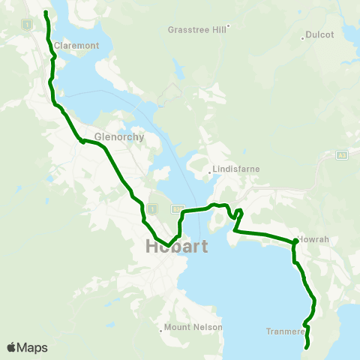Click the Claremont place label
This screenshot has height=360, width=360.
(x=76, y=46)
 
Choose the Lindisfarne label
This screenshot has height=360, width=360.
(x=236, y=169)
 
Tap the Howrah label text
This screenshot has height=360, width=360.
(x=313, y=239)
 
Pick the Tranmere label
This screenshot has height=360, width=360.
(x=284, y=331)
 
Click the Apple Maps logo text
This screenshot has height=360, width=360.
(x=27, y=347)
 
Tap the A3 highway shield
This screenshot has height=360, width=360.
(x=342, y=155)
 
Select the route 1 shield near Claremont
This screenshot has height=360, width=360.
(x=27, y=25)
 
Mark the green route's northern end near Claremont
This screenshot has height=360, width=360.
(x=46, y=13)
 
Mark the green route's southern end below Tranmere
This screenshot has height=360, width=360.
(x=307, y=347)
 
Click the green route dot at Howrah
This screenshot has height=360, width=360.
(x=295, y=241)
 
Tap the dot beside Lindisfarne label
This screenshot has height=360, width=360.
(x=209, y=172)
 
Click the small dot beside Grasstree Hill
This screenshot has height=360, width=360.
(x=228, y=25)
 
